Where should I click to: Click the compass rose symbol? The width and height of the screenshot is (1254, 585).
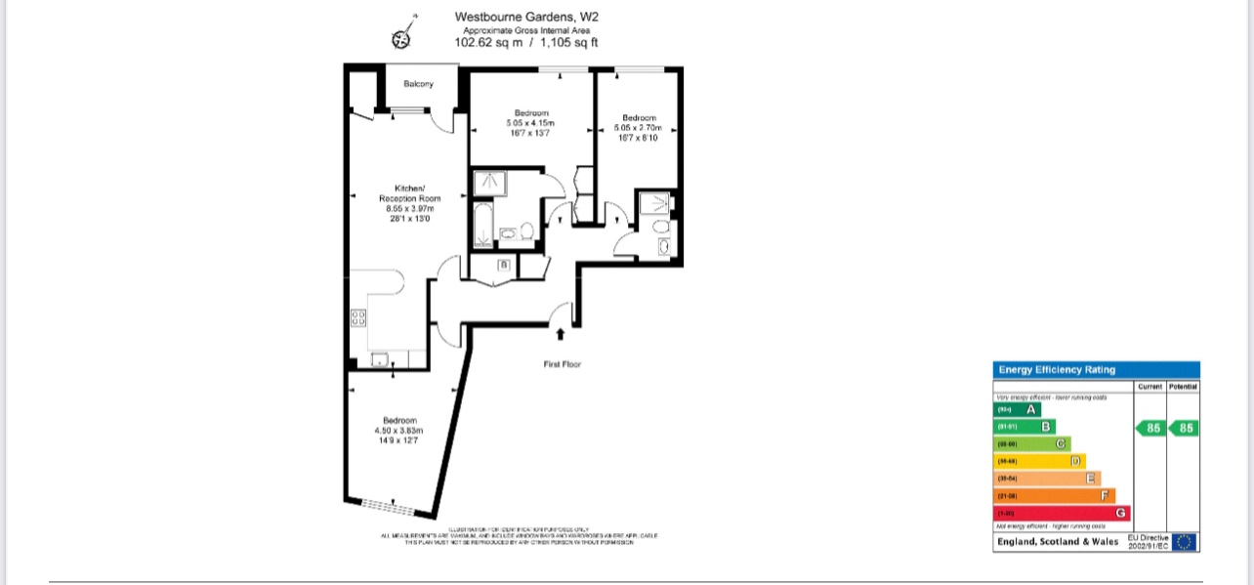click(401, 38)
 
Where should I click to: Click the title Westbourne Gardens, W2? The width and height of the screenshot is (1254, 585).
click(526, 17)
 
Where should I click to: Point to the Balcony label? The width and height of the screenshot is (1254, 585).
click(418, 84)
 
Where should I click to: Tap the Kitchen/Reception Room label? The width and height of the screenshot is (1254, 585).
click(410, 192)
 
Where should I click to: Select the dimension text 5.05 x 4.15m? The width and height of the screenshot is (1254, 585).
click(529, 123)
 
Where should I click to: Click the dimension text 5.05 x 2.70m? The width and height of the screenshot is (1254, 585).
click(639, 128)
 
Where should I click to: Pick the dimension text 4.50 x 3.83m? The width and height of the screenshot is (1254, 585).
click(398, 431)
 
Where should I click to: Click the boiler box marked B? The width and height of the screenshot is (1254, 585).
click(504, 265)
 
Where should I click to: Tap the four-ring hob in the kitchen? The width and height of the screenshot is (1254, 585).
click(358, 317)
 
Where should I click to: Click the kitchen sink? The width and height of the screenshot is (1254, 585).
click(379, 359)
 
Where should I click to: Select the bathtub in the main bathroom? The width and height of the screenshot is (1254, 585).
click(481, 225)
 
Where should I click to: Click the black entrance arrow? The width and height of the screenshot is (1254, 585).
click(561, 335)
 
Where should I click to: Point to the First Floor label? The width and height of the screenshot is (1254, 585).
click(563, 364)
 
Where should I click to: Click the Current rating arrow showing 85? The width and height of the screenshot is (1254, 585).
click(1150, 428)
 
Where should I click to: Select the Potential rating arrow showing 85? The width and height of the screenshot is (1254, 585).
click(1184, 428)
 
